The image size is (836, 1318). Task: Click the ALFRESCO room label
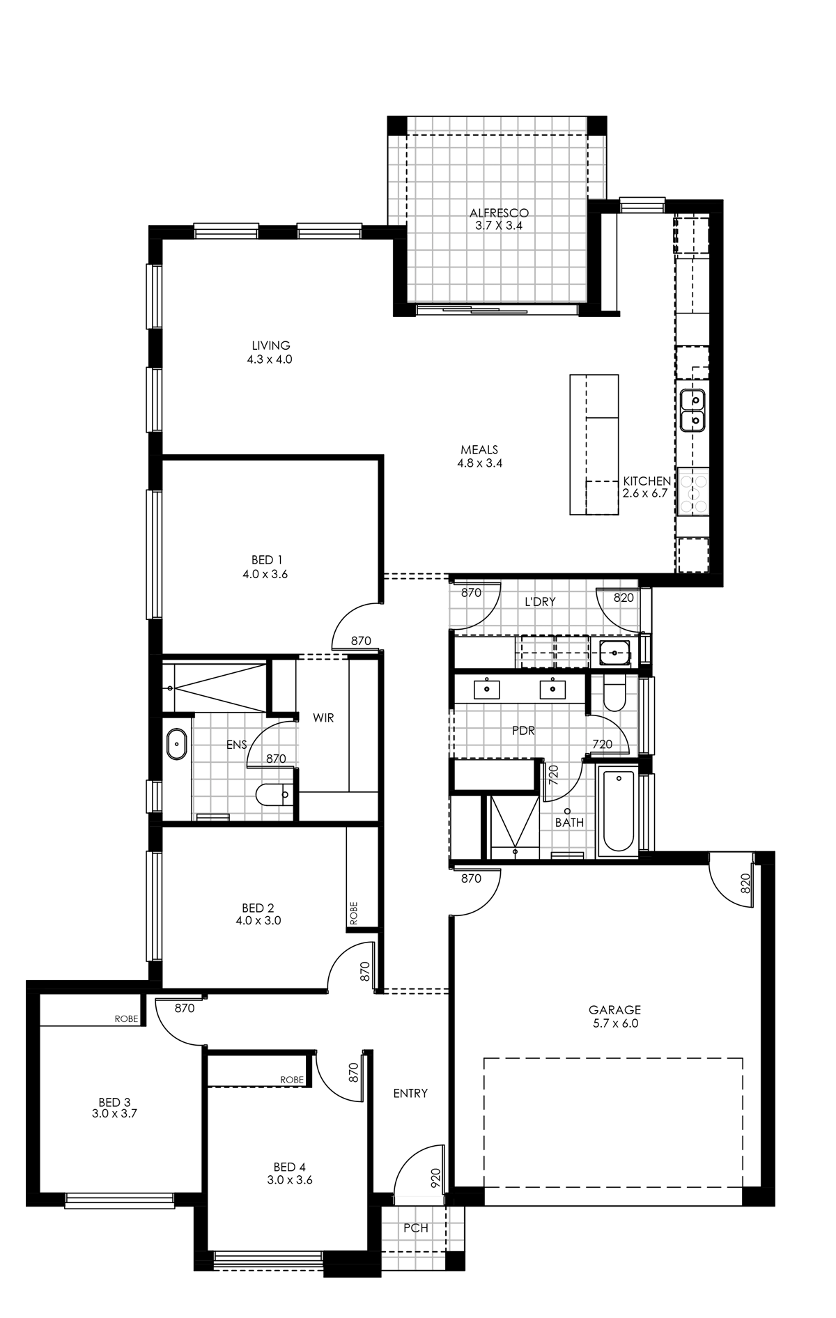pyautogui.click(x=499, y=212)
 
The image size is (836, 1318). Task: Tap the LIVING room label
pyautogui.click(x=271, y=345)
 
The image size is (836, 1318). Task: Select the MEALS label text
pyautogui.click(x=479, y=449)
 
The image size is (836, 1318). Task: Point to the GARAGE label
pyautogui.click(x=614, y=1009)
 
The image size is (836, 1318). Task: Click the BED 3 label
pyautogui.click(x=114, y=1102)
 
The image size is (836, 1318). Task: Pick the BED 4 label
pyautogui.click(x=289, y=1166)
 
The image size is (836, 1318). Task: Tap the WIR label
pyautogui.click(x=323, y=718)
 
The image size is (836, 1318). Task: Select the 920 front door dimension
pyautogui.click(x=435, y=1177)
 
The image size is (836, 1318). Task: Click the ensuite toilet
pyautogui.click(x=273, y=794)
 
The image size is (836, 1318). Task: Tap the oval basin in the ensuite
pyautogui.click(x=177, y=744)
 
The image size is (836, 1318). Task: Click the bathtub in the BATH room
pyautogui.click(x=618, y=812)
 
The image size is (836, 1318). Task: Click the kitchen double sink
pyautogui.click(x=692, y=410)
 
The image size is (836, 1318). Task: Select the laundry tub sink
pyautogui.click(x=614, y=653)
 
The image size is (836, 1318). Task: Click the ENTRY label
pyautogui.click(x=410, y=1093)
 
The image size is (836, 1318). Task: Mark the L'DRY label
pyautogui.click(x=540, y=601)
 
